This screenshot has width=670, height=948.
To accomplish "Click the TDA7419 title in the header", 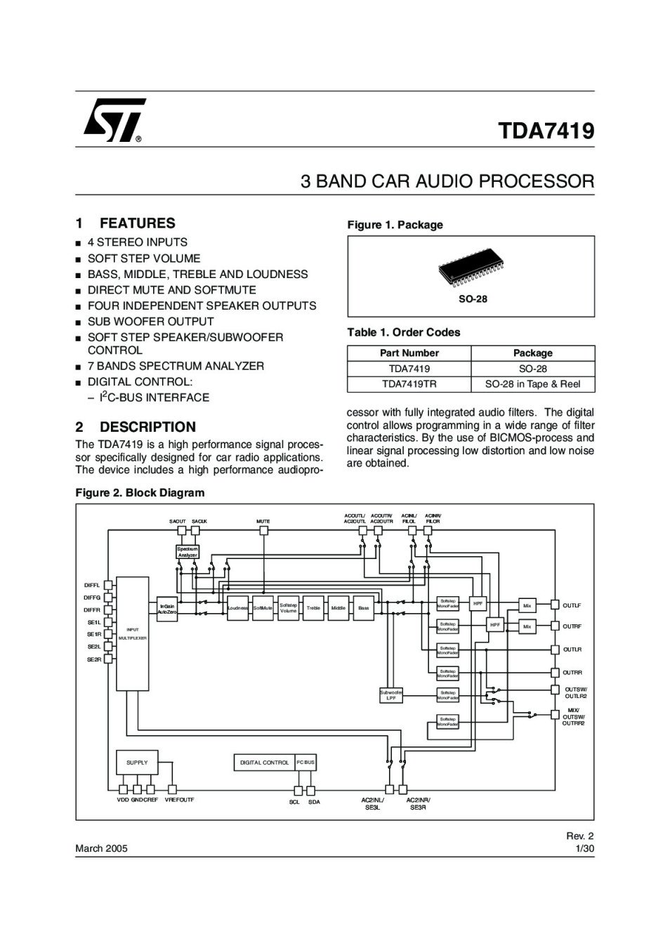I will click(546, 131).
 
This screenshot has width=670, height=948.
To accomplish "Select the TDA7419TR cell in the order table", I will click(409, 384).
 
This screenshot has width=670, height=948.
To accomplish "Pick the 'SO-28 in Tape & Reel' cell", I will click(532, 384).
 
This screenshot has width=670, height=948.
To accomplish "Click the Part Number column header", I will click(409, 353).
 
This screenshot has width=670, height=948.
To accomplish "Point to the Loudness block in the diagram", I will click(238, 608).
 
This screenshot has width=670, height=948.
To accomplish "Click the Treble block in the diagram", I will click(313, 608).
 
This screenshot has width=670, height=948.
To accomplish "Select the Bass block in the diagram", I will click(363, 608).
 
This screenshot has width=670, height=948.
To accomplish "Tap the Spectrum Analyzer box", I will click(188, 552).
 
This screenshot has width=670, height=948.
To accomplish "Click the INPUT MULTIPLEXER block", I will click(132, 633).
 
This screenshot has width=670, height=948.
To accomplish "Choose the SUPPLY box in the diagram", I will click(137, 762).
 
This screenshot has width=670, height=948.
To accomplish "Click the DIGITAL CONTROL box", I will click(264, 763).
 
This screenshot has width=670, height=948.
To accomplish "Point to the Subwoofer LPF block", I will click(391, 695).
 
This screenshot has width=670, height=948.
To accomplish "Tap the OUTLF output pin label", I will click(572, 605).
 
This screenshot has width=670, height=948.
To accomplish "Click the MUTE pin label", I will click(263, 521).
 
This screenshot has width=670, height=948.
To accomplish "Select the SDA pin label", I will click(314, 802).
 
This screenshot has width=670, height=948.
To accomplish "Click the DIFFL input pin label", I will click(92, 585).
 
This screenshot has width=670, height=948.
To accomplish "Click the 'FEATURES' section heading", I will click(137, 223).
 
